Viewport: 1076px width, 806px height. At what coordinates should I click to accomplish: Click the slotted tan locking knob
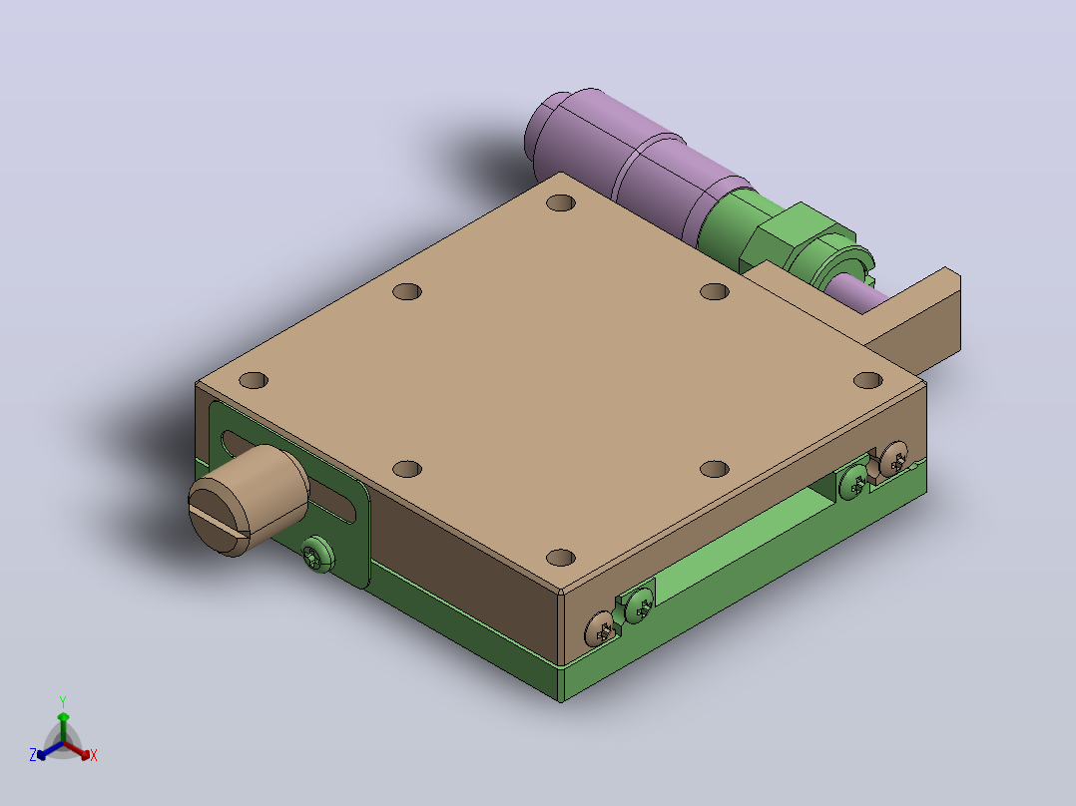248,500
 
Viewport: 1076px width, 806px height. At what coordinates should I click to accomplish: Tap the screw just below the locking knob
317,554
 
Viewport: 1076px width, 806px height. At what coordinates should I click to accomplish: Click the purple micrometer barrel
631,165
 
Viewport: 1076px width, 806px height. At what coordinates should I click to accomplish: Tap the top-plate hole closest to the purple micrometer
561,202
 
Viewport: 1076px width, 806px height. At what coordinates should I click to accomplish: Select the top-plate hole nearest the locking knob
254,380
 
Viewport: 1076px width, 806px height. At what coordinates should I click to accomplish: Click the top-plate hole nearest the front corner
561,557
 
